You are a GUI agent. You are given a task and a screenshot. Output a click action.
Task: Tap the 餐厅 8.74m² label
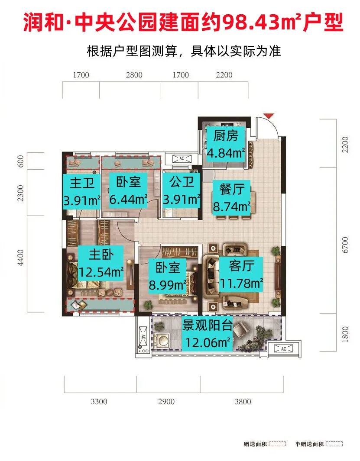232,197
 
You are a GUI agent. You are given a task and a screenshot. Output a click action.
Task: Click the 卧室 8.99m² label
168,276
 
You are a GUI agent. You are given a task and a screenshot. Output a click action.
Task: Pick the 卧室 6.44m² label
128,190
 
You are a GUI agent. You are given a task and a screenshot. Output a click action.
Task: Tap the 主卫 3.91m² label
82,190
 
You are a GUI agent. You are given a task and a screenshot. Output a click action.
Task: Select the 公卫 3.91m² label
182,190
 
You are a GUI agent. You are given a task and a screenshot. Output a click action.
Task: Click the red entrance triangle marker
269,116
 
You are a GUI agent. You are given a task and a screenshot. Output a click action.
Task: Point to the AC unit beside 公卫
182,158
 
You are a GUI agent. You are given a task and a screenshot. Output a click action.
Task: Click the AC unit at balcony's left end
143,338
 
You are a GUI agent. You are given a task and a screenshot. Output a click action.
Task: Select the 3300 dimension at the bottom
99,402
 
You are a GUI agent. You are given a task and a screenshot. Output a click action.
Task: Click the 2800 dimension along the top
134,75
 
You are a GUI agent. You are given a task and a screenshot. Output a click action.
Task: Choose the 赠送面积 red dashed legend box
277,444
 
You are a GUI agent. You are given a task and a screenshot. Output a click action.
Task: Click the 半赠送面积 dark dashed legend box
334,444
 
